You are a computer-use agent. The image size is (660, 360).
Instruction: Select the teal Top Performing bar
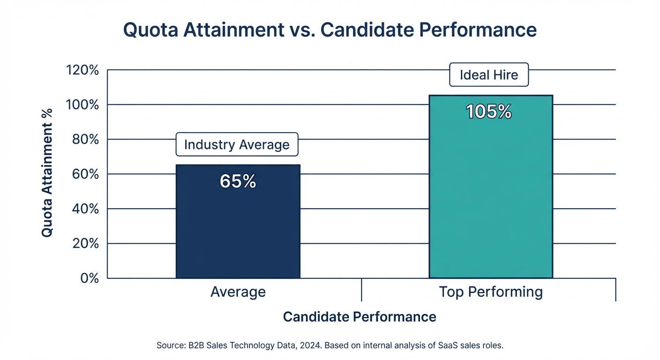491,197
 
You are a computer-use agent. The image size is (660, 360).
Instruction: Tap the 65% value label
238,182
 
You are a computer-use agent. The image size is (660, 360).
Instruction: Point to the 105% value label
489,112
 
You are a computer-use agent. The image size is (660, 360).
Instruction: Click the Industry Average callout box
237,144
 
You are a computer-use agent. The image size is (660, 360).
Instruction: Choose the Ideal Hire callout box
489,75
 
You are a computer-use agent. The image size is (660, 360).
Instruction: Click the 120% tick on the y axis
83,70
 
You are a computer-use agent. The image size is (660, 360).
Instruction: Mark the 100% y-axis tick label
83,105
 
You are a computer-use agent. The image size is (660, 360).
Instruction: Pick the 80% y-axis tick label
86,140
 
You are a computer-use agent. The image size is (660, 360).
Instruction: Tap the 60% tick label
86,174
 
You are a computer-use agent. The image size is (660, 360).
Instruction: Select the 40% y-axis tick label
86,209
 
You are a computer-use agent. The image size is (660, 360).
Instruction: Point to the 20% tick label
86,244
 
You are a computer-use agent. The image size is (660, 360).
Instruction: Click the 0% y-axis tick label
90,278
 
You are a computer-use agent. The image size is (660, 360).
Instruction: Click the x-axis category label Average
238,292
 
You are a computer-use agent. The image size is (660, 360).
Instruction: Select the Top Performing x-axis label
491,292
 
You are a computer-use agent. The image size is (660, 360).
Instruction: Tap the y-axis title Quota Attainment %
47,172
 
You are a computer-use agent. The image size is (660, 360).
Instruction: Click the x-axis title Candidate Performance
360,317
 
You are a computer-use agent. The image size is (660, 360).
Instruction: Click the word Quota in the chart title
151,30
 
